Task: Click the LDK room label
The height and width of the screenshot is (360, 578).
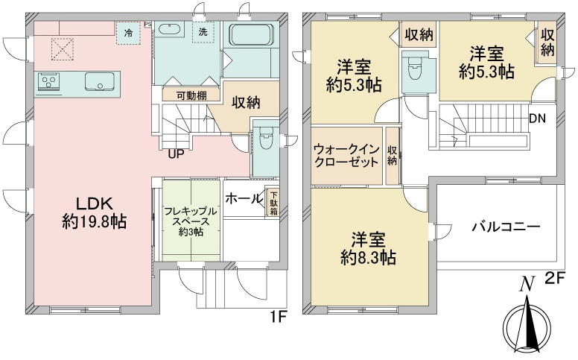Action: tap(94, 203)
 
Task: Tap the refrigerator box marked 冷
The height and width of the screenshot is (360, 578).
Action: tap(129, 34)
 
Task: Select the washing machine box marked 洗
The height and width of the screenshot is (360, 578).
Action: tap(203, 32)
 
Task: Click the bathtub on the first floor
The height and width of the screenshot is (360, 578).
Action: tap(252, 35)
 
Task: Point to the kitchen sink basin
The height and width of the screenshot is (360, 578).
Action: tap(100, 81)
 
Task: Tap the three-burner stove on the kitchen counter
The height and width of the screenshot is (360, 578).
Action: tap(48, 81)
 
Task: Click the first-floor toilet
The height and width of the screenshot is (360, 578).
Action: tap(264, 137)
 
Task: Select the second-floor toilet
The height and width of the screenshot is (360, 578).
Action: tap(416, 69)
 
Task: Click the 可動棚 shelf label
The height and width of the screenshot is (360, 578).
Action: tap(191, 96)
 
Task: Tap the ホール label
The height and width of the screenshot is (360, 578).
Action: tap(244, 198)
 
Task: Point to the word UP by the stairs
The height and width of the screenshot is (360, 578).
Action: tap(177, 154)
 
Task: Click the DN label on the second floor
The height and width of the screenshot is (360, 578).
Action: tap(538, 119)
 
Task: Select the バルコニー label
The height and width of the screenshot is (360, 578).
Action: tap(506, 227)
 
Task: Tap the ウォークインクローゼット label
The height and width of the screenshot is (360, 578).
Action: tap(346, 156)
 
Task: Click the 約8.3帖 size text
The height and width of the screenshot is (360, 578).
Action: tap(369, 258)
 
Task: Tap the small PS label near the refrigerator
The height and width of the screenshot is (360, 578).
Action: tap(147, 25)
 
